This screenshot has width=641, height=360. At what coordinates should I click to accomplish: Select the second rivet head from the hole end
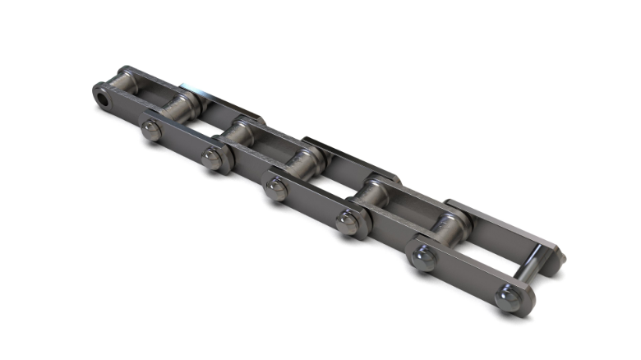(213, 159)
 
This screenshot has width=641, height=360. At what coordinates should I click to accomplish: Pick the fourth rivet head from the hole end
(348, 223)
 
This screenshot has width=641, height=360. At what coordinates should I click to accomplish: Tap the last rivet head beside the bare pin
(509, 298)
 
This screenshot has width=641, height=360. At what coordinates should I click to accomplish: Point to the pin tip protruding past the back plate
(560, 258)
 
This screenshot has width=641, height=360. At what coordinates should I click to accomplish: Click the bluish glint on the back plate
(194, 86)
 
